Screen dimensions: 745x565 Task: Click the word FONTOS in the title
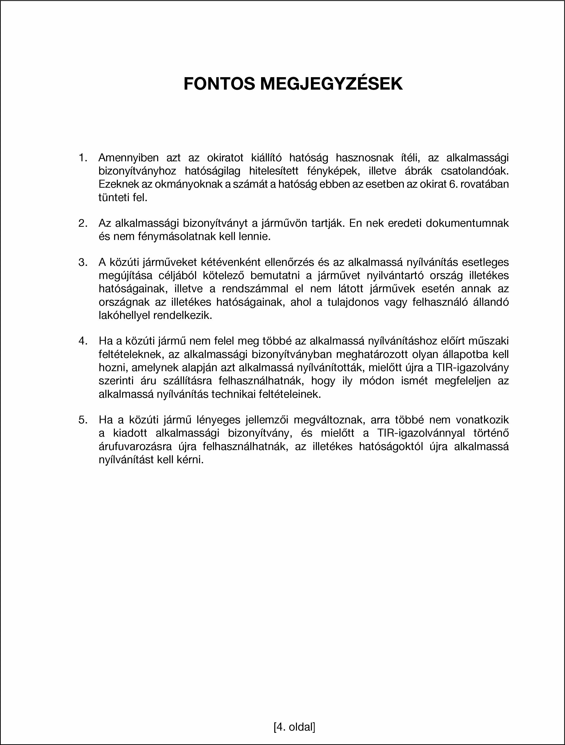click(x=219, y=84)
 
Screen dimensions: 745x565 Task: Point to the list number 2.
click(x=83, y=223)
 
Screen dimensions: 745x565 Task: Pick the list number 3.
click(x=83, y=262)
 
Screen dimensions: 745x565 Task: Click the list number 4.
click(x=83, y=341)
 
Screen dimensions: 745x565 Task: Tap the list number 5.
click(x=83, y=420)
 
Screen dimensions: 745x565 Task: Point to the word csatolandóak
click(x=475, y=171)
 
